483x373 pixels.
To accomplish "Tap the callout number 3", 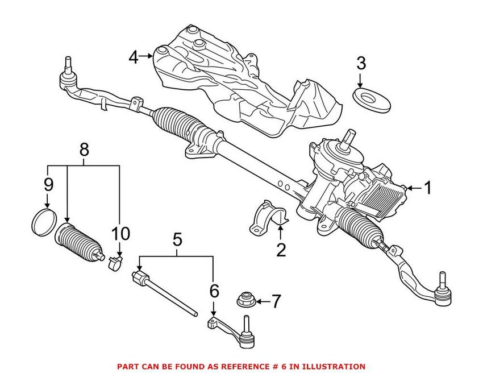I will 361,63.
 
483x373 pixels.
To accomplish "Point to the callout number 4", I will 133,57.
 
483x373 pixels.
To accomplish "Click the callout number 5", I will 177,240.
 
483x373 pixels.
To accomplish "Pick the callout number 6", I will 214,291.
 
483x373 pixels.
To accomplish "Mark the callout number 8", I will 84,150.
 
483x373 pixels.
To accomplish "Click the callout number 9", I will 48,185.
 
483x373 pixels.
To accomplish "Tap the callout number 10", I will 120,233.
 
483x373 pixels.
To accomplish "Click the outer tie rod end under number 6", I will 233,332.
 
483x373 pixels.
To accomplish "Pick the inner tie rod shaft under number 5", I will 165,293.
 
